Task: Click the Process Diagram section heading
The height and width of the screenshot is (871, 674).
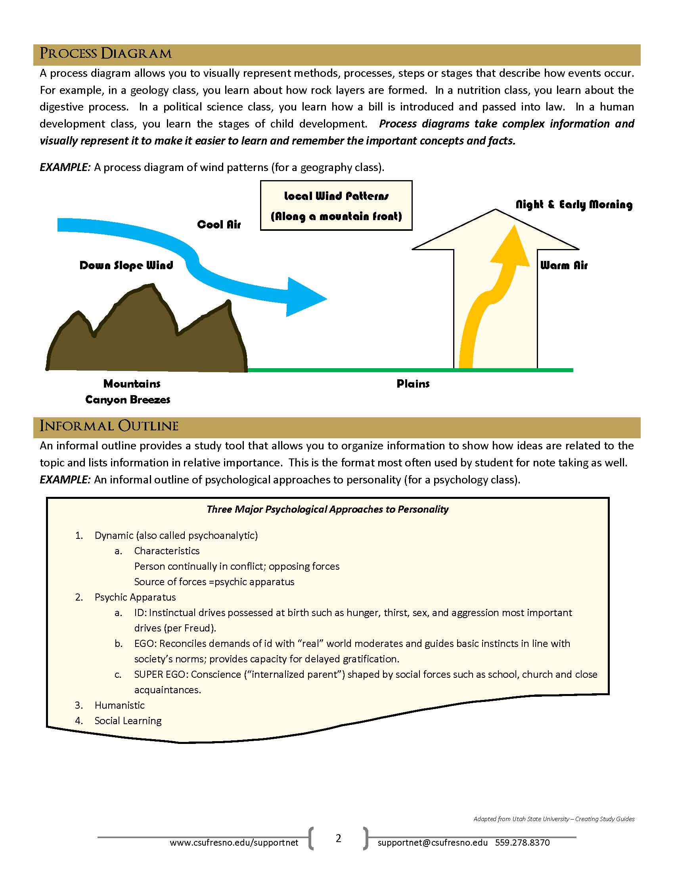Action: click(x=106, y=54)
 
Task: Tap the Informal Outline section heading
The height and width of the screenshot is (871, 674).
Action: click(x=109, y=426)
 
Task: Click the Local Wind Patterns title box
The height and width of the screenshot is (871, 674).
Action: click(x=336, y=206)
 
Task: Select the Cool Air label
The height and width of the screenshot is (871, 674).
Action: click(x=219, y=224)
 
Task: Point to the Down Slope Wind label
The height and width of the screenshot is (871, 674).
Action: click(x=126, y=266)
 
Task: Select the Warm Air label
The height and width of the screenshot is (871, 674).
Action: click(x=564, y=266)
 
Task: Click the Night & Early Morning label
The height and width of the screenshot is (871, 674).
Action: click(x=574, y=205)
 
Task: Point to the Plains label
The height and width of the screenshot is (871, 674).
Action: click(x=413, y=384)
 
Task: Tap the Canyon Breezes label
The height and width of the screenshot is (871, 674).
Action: click(x=128, y=399)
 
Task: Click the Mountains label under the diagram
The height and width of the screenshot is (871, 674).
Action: click(x=132, y=384)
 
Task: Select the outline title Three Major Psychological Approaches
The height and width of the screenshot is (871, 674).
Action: click(x=327, y=509)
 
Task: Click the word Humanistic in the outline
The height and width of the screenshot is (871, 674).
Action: click(x=119, y=705)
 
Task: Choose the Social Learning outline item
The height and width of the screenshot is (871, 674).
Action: click(x=128, y=721)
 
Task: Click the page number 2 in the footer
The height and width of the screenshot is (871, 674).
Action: click(x=339, y=838)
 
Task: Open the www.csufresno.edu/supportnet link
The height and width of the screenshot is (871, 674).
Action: click(x=234, y=842)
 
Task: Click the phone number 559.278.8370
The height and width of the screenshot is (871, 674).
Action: click(x=522, y=842)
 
